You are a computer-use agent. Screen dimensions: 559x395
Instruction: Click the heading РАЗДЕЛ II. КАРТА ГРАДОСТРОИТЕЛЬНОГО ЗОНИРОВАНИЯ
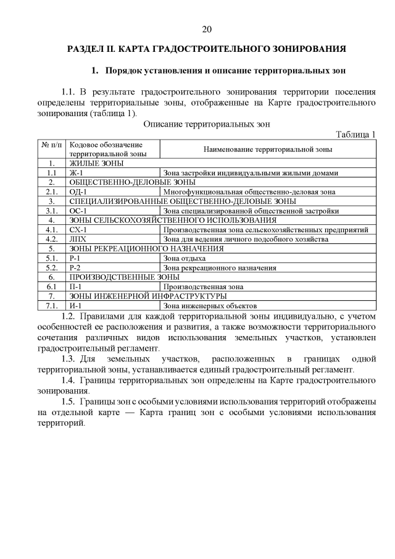(206, 48)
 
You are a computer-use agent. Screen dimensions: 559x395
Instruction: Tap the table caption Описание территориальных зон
(207, 124)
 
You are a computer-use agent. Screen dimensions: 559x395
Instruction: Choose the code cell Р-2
(76, 267)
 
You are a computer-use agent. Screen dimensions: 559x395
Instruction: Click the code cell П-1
(77, 287)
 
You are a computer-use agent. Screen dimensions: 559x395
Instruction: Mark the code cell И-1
(76, 305)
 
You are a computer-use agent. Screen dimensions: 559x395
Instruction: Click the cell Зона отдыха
(185, 258)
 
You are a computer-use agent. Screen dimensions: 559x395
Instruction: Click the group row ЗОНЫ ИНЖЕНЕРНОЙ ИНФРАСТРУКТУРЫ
(144, 296)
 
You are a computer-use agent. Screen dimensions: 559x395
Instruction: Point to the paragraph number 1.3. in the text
(69, 359)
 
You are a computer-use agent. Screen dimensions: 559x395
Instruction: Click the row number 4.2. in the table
(52, 238)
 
